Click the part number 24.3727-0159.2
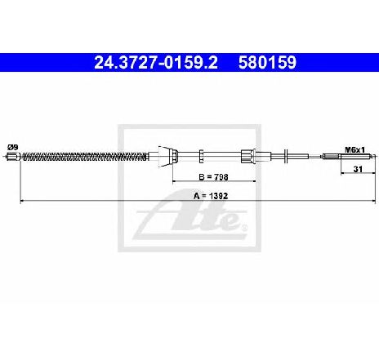point(156,62)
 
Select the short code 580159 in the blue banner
point(267,62)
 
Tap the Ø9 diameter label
point(13,148)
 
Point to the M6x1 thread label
point(354,149)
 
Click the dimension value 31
point(358,169)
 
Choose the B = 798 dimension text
point(213,177)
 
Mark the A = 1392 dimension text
point(211,196)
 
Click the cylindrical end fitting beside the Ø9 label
point(13,157)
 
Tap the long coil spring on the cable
point(85,157)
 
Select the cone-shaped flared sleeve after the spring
point(164,156)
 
